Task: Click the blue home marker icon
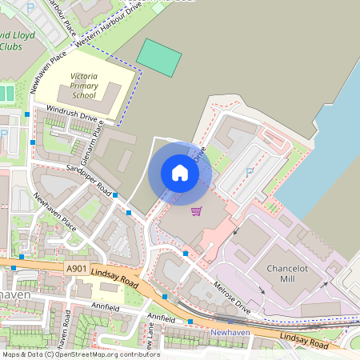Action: coord(180,173)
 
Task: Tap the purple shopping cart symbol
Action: coord(197,211)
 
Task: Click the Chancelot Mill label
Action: coord(286,273)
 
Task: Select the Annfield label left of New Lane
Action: coord(105,306)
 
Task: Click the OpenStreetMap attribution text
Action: coord(81,354)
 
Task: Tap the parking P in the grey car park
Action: coord(249,172)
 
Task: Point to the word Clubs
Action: coord(11,46)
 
